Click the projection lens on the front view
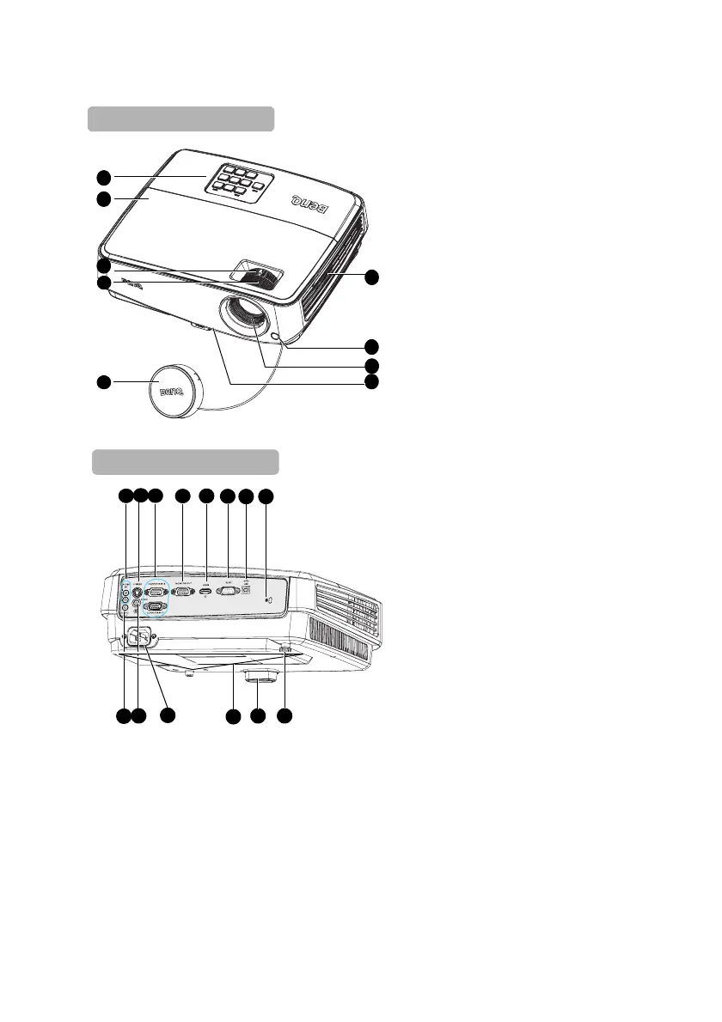point(249,319)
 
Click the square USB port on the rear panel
point(247,588)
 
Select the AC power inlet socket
point(139,638)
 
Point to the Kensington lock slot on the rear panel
point(267,598)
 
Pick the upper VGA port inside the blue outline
point(156,591)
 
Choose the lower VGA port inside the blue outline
point(156,607)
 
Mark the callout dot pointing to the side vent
point(371,277)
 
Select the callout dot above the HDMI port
point(205,496)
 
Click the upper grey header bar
point(180,119)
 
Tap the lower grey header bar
point(186,462)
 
